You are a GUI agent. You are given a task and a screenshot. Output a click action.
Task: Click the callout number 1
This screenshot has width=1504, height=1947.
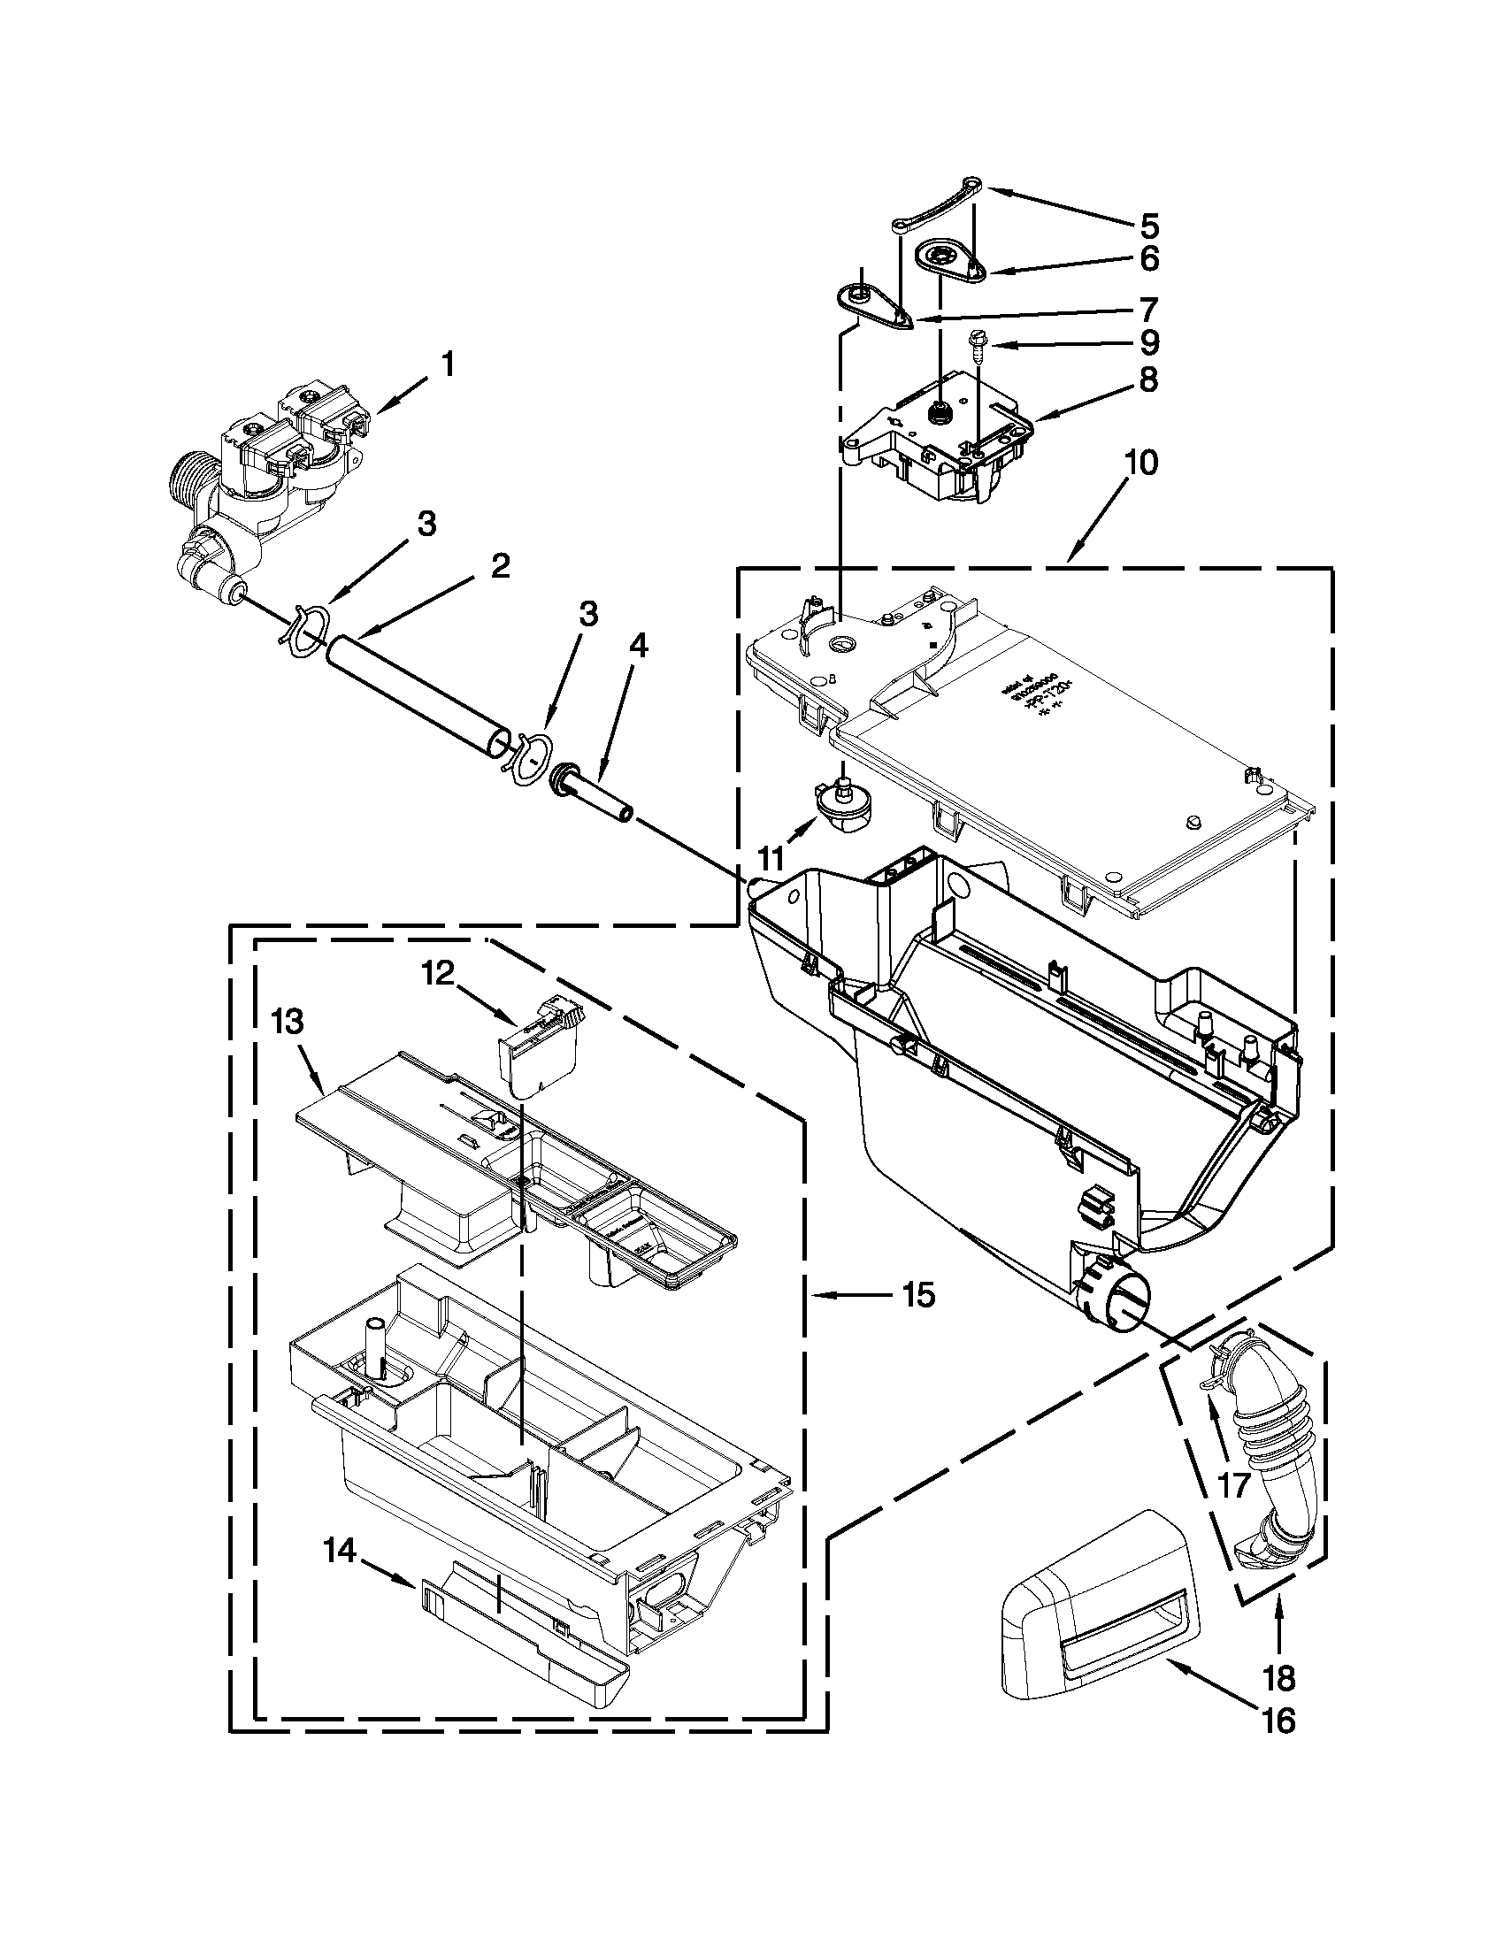click(448, 364)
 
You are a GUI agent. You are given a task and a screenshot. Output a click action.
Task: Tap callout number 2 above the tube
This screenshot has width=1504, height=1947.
click(500, 565)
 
